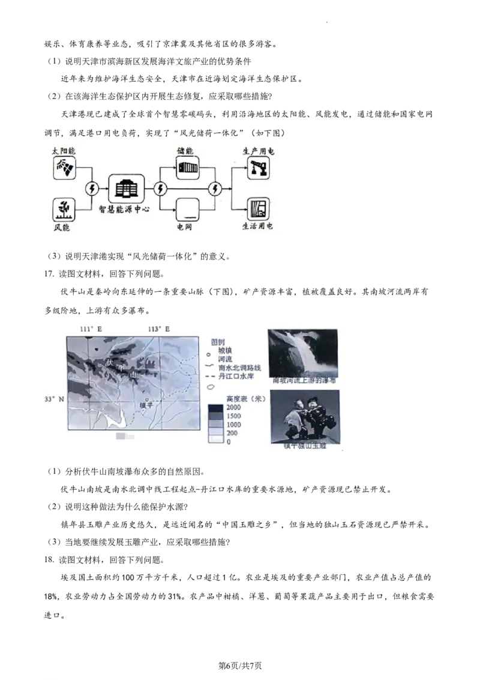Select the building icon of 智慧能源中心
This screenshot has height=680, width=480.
click(126, 189)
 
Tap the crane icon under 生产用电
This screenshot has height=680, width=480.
click(258, 168)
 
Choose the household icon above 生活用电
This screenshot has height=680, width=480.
click(258, 208)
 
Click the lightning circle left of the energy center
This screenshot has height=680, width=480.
click(92, 189)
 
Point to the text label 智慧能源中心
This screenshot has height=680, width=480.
click(124, 210)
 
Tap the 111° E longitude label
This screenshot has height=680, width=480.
click(91, 329)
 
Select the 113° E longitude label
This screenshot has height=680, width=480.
click(159, 329)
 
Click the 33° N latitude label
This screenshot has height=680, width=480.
click(53, 399)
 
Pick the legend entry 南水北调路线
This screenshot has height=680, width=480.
click(240, 367)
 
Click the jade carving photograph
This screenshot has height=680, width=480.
click(304, 416)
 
